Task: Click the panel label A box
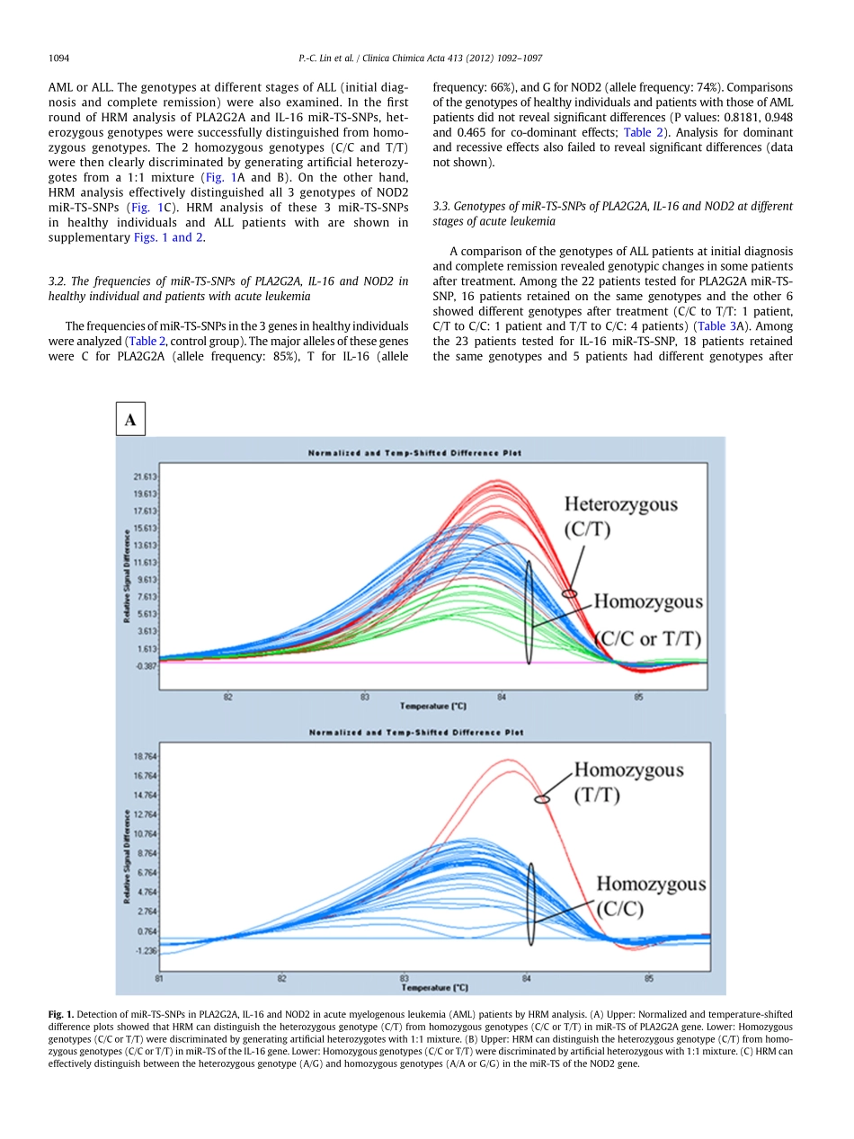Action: pyautogui.click(x=130, y=420)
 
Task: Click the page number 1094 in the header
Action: pyautogui.click(x=59, y=58)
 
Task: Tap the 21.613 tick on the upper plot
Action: pyautogui.click(x=146, y=476)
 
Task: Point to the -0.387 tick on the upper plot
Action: pyautogui.click(x=146, y=665)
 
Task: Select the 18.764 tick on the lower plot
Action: pyautogui.click(x=146, y=758)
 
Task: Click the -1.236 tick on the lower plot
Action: pyautogui.click(x=146, y=950)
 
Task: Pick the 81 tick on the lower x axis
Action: pyautogui.click(x=159, y=977)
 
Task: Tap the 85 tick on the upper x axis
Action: pyautogui.click(x=638, y=697)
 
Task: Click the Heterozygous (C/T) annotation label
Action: pyautogui.click(x=620, y=516)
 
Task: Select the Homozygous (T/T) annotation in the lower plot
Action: pyautogui.click(x=628, y=782)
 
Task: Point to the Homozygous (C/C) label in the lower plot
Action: pyautogui.click(x=651, y=896)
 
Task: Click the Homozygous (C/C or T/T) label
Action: pyautogui.click(x=648, y=619)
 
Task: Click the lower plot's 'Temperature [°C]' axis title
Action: pyautogui.click(x=435, y=988)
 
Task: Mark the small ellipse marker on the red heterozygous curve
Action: pyautogui.click(x=568, y=593)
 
